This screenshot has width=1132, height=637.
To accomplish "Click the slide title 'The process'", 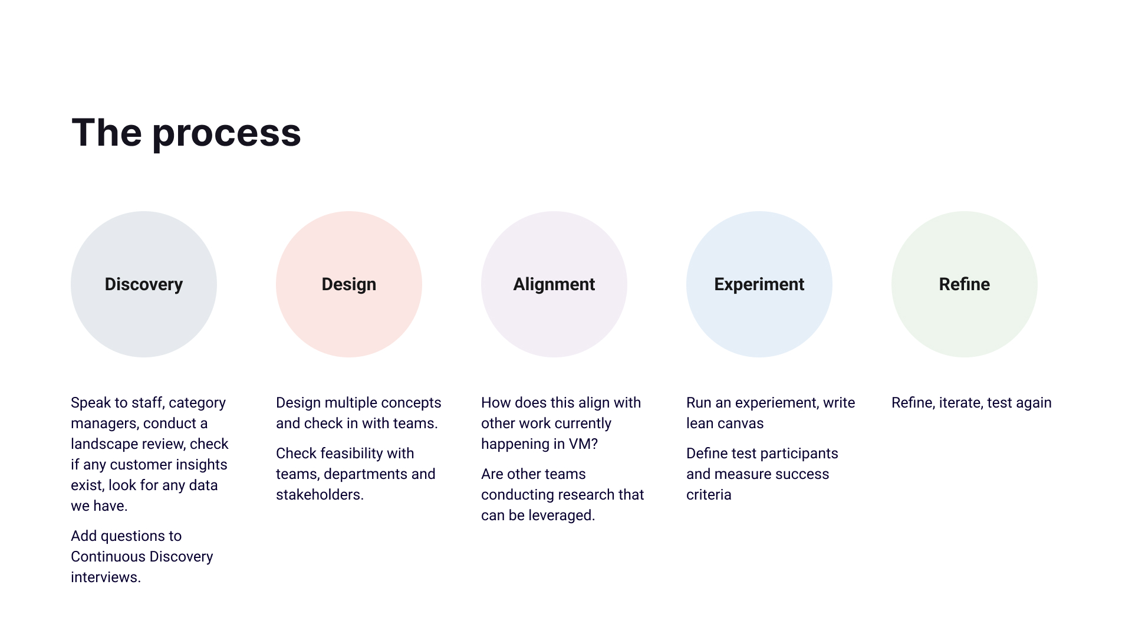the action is point(186,133).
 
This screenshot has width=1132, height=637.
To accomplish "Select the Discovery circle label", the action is point(144,284).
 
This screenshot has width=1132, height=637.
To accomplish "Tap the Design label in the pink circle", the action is point(349,284).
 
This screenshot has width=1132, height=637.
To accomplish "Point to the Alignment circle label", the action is point(554,284).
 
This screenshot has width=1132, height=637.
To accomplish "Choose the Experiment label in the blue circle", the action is point(759,284).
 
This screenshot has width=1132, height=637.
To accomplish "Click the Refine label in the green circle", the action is point(965,284).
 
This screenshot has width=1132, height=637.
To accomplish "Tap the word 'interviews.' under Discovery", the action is point(106,577).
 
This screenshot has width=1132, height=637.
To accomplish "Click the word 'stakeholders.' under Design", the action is point(320,495).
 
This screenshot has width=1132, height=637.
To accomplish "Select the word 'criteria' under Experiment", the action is point(709,495).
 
